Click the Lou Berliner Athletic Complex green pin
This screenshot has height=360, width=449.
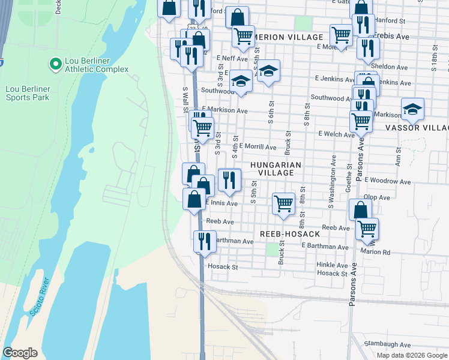click(x=55, y=63)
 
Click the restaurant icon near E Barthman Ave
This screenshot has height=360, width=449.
click(x=205, y=241)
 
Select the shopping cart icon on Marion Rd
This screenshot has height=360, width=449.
click(x=367, y=229)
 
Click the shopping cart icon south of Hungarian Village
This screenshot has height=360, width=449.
click(x=283, y=203)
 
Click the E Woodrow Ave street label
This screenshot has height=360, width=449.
click(x=389, y=181)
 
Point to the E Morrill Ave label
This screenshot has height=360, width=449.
click(x=258, y=146)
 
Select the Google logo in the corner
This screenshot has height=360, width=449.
click(x=20, y=353)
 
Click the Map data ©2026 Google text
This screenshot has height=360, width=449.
click(x=412, y=355)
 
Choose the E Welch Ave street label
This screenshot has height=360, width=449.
click(x=337, y=134)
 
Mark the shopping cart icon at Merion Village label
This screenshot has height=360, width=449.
click(x=243, y=36)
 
